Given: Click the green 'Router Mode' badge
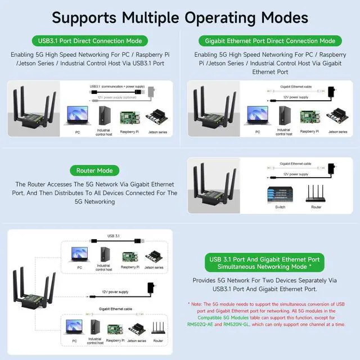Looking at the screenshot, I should pyautogui.click(x=94, y=170).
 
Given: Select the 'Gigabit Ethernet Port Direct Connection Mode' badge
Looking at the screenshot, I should pyautogui.click(x=271, y=41).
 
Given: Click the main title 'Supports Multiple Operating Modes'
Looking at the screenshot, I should pyautogui.click(x=180, y=17).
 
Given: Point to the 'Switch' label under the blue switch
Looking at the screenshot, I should pyautogui.click(x=280, y=207).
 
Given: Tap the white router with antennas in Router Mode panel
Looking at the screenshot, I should pyautogui.click(x=317, y=193).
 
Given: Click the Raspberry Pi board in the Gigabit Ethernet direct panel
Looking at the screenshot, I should pyautogui.click(x=307, y=117).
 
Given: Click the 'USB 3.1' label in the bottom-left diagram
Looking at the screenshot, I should pyautogui.click(x=114, y=237).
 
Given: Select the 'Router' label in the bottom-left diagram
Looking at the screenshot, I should pyautogui.click(x=158, y=341).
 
